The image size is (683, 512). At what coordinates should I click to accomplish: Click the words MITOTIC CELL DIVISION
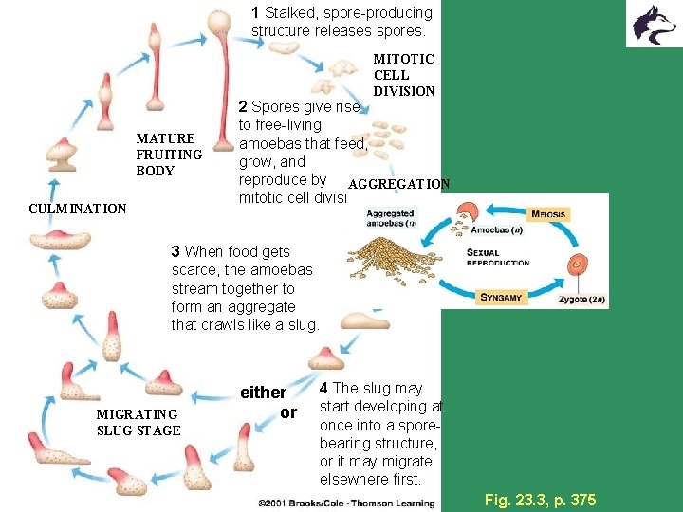coord(404,75)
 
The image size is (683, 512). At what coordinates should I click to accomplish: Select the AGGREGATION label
coord(399,183)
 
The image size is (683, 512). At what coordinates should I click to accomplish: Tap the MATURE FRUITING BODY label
coord(169,155)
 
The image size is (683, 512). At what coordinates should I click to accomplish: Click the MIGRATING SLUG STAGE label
coord(138,422)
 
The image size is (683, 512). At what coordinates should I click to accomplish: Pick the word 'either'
coord(263,393)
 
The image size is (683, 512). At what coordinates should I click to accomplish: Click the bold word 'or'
coord(288,412)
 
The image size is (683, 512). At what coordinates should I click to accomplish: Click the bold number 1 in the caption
coord(256,13)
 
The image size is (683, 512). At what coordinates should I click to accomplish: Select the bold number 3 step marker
coord(175,251)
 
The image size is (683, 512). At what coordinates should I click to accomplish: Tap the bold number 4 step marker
coord(324,388)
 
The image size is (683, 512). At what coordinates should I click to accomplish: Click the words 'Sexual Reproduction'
coord(498,257)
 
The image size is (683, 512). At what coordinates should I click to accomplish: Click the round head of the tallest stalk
coord(219,22)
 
